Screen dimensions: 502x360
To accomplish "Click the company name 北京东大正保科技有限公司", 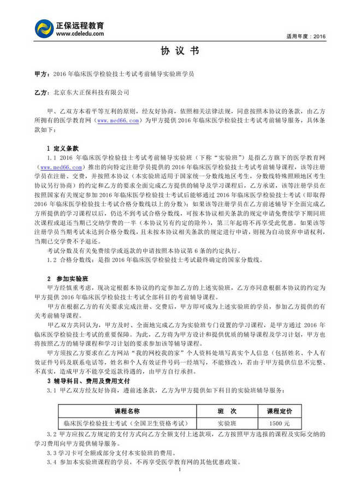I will pyautogui.click(x=92, y=93).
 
